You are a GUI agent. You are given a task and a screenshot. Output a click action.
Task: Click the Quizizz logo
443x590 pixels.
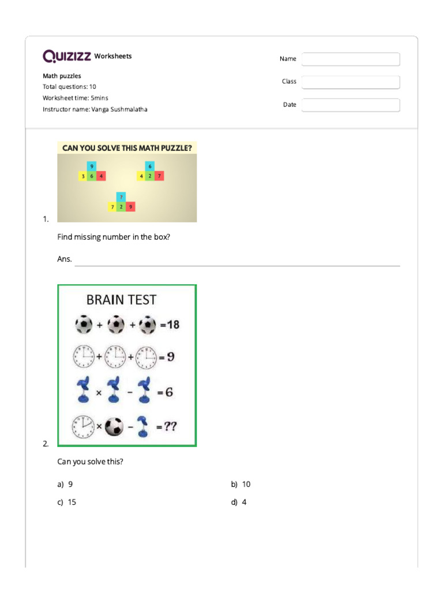(x=66, y=56)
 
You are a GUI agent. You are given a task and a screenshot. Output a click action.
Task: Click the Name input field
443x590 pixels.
(x=351, y=59)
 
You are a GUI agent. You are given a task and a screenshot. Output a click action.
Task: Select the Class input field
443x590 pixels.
(x=351, y=82)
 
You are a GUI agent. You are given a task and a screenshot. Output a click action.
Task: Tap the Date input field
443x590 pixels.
(x=351, y=105)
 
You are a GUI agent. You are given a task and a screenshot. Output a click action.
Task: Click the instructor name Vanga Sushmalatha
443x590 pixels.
(x=119, y=109)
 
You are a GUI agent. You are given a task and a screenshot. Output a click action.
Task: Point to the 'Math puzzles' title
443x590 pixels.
(x=62, y=75)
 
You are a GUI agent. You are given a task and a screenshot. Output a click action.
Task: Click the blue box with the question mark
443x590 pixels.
(x=121, y=196)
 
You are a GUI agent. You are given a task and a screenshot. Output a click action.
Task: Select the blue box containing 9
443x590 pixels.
(x=92, y=167)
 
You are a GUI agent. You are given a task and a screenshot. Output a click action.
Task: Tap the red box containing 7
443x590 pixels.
(x=159, y=176)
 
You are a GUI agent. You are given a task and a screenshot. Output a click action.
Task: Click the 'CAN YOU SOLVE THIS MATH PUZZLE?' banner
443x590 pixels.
(x=127, y=147)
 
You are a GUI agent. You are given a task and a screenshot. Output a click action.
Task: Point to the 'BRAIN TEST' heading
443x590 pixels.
(x=121, y=300)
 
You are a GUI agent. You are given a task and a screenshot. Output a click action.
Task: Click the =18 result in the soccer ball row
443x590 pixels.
(x=170, y=325)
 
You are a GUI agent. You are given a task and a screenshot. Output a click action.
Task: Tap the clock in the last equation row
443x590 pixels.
(x=83, y=426)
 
